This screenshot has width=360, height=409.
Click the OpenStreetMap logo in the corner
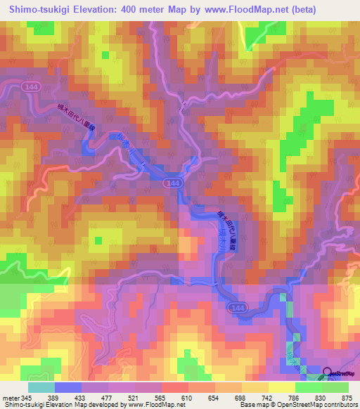point(340,373)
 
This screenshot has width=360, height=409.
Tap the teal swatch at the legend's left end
point(41,387)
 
